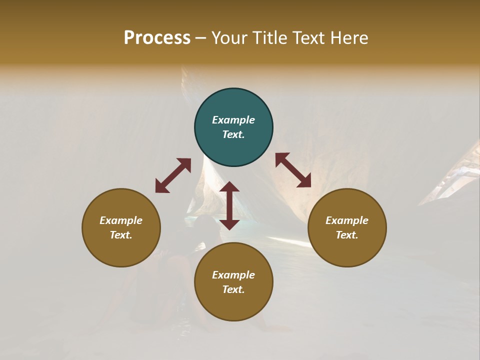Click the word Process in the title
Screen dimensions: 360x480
157,38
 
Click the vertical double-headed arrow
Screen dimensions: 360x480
229,205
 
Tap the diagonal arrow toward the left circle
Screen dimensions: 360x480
173,175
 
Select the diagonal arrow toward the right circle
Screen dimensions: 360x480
293,170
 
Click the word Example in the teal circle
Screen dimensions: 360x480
233,120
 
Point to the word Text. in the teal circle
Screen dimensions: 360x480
233,134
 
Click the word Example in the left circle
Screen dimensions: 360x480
121,220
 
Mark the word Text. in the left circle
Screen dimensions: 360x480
121,235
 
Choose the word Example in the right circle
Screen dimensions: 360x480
347,220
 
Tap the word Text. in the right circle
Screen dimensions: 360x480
347,235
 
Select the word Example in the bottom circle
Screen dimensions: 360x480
233,275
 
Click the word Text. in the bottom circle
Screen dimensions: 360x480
233,289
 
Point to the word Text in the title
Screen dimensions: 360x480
308,38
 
